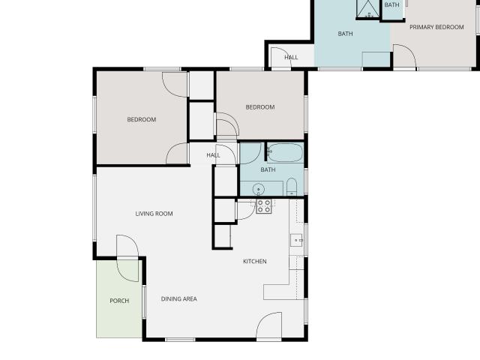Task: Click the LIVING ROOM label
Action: pyautogui.click(x=154, y=214)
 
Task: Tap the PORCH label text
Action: pyautogui.click(x=119, y=301)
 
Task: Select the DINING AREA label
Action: pyautogui.click(x=179, y=298)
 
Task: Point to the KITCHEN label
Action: pyautogui.click(x=255, y=261)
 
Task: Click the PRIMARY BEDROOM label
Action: pyautogui.click(x=436, y=27)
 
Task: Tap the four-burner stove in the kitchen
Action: pyautogui.click(x=264, y=206)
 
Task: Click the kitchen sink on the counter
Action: pyautogui.click(x=296, y=240)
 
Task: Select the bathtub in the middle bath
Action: pyautogui.click(x=285, y=152)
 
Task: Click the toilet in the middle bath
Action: pyautogui.click(x=292, y=187)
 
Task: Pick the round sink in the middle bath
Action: pyautogui.click(x=259, y=190)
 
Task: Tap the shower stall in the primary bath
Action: pyautogui.click(x=368, y=8)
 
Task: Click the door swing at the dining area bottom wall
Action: pyautogui.click(x=269, y=325)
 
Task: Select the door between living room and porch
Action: pyautogui.click(x=128, y=258)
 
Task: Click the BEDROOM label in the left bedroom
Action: pyautogui.click(x=142, y=119)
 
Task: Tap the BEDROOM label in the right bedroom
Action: pyautogui.click(x=260, y=107)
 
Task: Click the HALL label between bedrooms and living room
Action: pyautogui.click(x=213, y=155)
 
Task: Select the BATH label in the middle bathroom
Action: pyautogui.click(x=268, y=169)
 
